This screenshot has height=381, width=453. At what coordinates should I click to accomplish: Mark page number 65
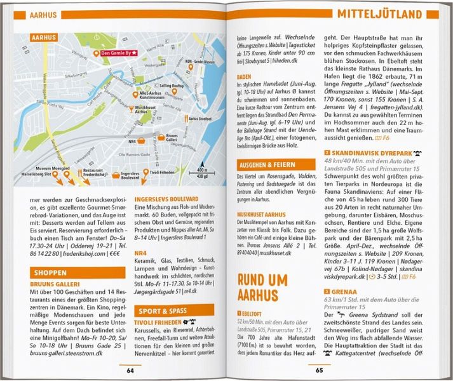[320, 370]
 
